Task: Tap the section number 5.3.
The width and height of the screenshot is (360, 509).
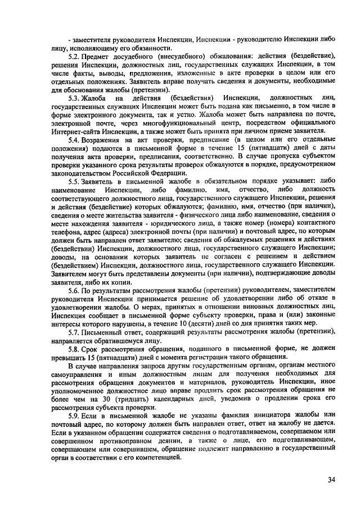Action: pos(74,98)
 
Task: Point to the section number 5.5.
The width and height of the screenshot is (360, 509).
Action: pos(74,182)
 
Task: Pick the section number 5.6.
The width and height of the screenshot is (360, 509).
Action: pos(74,291)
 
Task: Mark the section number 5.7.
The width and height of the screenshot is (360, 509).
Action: pos(74,331)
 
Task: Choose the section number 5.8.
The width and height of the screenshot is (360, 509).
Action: pos(74,349)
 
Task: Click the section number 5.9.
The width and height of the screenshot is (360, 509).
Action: pos(74,415)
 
